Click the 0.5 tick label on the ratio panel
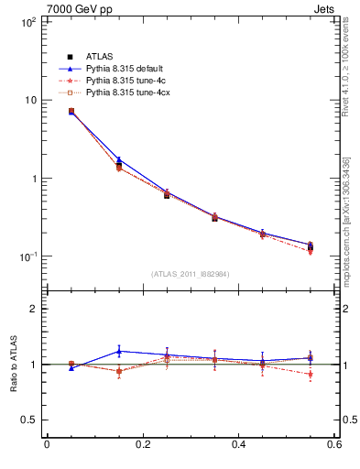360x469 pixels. [x=27, y=420]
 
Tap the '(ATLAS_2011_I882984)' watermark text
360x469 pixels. [x=191, y=273]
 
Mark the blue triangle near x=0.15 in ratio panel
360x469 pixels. [x=119, y=351]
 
